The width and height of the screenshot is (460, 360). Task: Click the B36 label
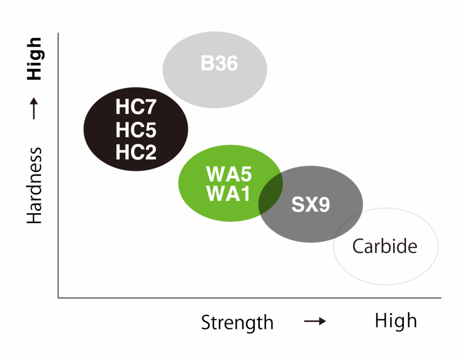point(219,63)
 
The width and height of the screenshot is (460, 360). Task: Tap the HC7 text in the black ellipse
point(136,107)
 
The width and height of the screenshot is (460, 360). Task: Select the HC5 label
point(136,130)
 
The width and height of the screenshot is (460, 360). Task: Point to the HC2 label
point(136,152)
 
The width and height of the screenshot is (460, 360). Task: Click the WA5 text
point(229,174)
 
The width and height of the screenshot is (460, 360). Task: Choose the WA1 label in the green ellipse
point(228,193)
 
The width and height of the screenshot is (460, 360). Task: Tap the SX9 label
point(310,204)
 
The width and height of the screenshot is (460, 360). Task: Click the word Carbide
point(385,246)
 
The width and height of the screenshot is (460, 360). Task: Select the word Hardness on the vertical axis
point(35,186)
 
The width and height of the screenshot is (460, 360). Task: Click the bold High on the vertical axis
point(35,59)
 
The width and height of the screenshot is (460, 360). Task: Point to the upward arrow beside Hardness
point(34,108)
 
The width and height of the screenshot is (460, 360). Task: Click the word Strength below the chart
point(237,323)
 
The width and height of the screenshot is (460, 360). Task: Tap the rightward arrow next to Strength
point(315,321)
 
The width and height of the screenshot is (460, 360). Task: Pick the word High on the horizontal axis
point(396,321)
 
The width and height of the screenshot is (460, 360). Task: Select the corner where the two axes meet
point(58,298)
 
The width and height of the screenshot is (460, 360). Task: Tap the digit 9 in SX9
point(324,204)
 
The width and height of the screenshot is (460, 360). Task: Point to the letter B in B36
point(207,63)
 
